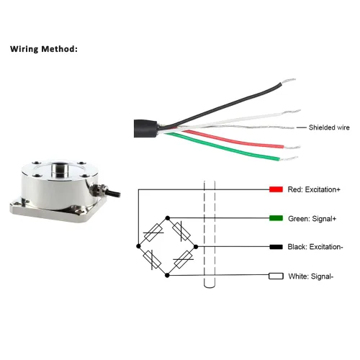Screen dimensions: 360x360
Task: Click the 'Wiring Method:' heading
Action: coord(44,49)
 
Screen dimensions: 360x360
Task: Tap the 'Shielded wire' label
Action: coord(329,127)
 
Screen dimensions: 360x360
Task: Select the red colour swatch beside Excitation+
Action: coord(276,189)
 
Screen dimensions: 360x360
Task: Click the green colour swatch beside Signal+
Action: coord(276,218)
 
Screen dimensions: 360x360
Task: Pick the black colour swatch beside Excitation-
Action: coord(276,247)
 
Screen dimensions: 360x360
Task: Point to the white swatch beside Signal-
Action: coord(276,276)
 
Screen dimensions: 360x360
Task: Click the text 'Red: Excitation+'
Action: coord(314,189)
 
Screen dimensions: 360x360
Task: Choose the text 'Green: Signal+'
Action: coord(312,219)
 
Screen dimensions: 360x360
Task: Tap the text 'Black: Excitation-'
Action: coord(315,247)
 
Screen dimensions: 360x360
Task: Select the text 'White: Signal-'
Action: coord(311,276)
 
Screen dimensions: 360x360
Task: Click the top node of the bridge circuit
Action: coord(168,218)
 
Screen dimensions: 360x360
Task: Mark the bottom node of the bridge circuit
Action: coord(167,275)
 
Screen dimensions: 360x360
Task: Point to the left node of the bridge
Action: coord(138,246)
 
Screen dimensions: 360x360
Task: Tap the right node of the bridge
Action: coord(196,246)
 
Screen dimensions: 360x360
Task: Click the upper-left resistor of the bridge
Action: coord(153,233)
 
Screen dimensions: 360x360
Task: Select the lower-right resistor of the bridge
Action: coord(183,259)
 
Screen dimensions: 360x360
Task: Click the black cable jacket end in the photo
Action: coord(145,128)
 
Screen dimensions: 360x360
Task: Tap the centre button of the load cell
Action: coord(59,168)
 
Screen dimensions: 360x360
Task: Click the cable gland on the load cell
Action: coord(99,189)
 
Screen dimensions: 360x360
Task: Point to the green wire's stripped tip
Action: coord(289,158)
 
